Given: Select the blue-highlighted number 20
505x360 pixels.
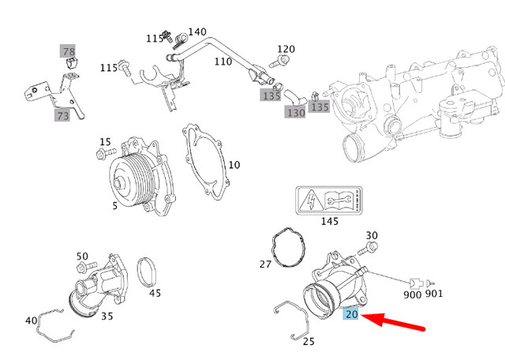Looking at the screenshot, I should (x=352, y=314).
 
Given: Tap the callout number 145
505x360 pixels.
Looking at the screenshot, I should (x=329, y=222).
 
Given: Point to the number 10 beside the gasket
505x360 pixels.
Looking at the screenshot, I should (x=234, y=165).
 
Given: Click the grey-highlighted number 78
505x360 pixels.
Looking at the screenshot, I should (x=69, y=52).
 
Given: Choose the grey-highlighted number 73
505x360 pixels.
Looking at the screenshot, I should (x=62, y=116).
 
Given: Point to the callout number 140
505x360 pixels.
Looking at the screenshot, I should (x=197, y=32).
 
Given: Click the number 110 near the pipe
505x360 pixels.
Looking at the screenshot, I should (x=223, y=62).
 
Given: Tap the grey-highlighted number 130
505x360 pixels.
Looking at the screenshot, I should (x=295, y=113).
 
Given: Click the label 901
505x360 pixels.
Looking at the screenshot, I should (x=434, y=294).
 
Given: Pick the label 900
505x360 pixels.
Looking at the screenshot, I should (x=412, y=294).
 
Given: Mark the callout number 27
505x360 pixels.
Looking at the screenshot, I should (x=266, y=264).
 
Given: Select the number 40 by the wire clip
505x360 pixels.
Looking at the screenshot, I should (x=32, y=321).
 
